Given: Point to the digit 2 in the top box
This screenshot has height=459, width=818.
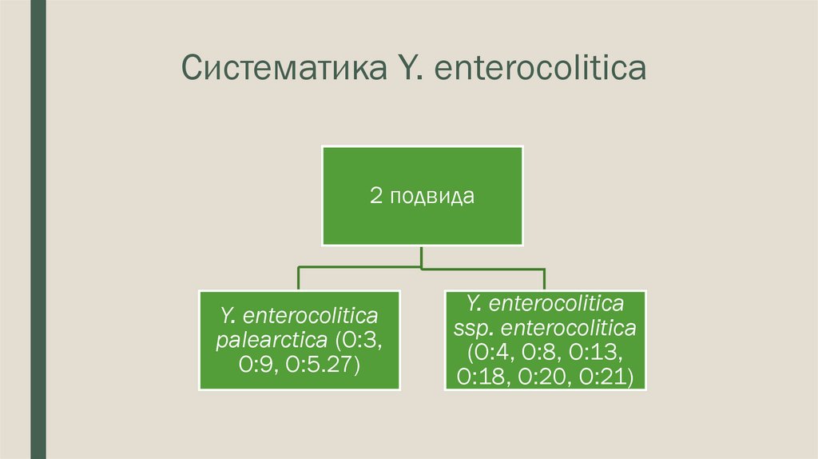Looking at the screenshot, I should point(375,196).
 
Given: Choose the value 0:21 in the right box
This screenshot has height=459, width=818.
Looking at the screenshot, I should point(606,377).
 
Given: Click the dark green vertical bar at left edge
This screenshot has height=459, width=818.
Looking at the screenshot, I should point(38,229).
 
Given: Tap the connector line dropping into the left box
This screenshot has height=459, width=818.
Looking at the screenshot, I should point(299,277).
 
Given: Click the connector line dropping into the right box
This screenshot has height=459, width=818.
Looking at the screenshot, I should point(544,277).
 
